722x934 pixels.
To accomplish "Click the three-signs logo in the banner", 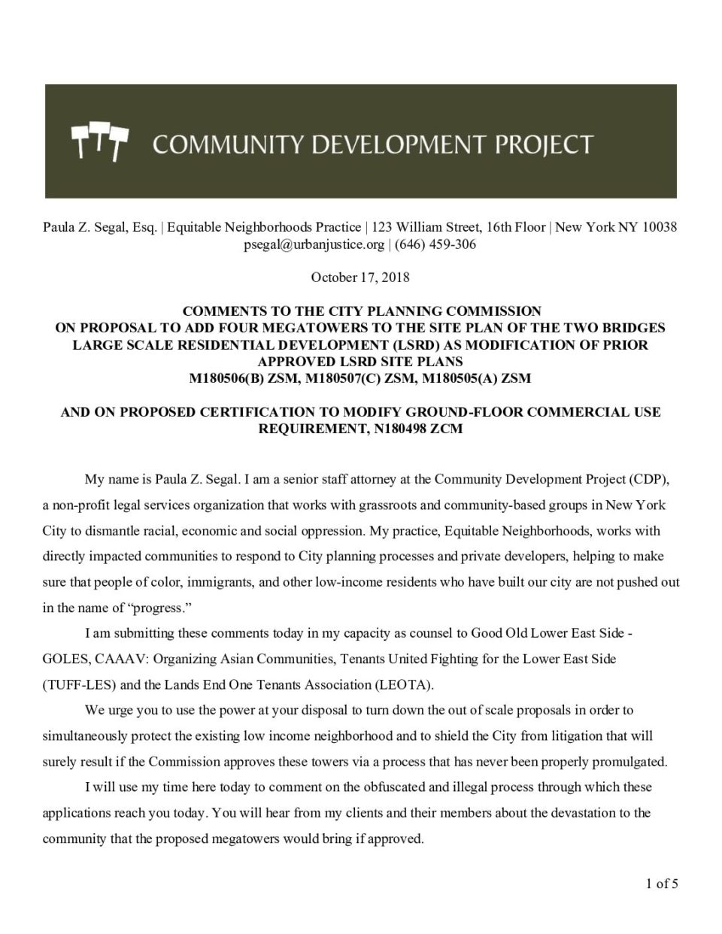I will [x=99, y=142].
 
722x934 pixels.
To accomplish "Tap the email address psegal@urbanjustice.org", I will [x=314, y=244].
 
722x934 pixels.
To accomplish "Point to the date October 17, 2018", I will [x=360, y=277].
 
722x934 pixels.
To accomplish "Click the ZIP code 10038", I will [x=660, y=227].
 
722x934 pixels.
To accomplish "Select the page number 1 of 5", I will [x=661, y=884].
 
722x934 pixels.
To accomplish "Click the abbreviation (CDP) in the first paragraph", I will [x=649, y=479].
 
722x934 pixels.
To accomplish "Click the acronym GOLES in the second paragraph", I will [x=65, y=660].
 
